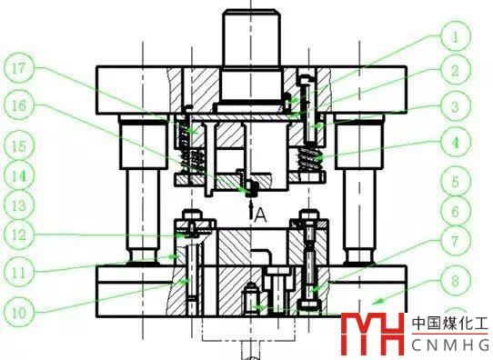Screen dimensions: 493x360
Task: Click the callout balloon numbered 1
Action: tap(456, 35)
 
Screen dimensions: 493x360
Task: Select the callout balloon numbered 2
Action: tap(456, 70)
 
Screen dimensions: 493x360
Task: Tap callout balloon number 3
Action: tap(456, 106)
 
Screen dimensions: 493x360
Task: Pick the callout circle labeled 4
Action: tap(456, 143)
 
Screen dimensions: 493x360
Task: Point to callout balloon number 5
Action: tap(456, 182)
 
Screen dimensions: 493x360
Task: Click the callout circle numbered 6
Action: tap(456, 211)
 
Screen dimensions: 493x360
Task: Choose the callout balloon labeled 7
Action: tap(456, 241)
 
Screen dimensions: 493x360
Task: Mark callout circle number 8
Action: tap(456, 280)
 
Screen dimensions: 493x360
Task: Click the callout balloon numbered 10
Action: tap(19, 312)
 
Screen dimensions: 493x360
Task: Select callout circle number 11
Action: tap(19, 272)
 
